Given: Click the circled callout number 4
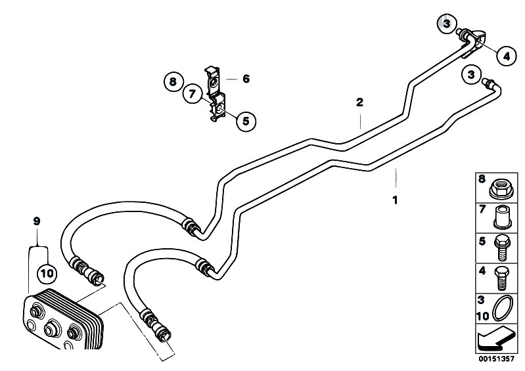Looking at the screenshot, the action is point(507,56).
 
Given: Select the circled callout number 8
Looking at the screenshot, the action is point(173,81).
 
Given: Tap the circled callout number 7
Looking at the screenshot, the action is point(192,93).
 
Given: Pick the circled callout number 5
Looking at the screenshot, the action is point(246,121).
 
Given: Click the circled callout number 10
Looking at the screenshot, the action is point(47,273).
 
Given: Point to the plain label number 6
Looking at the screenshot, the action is point(246,79).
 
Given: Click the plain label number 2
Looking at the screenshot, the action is point(359,102).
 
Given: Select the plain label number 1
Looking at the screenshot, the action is point(395,200).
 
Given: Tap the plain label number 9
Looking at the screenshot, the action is point(37,221).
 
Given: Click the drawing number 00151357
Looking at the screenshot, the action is point(496,359).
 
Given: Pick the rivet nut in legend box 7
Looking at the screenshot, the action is point(501,217).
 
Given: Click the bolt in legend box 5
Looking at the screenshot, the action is point(502,248).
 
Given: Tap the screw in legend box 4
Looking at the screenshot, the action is point(501,278).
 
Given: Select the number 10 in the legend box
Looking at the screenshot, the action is point(483,316).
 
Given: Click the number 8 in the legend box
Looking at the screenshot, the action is point(482,180).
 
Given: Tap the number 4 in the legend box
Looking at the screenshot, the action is point(482,271).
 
